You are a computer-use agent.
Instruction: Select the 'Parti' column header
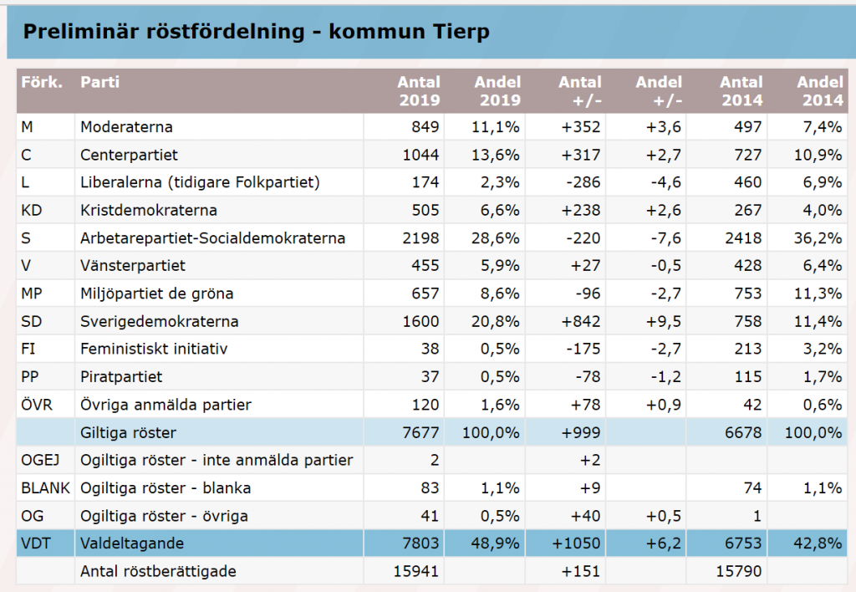coord(99,83)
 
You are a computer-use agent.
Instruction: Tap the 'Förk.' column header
coord(39,83)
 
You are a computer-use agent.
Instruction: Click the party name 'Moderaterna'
coord(126,127)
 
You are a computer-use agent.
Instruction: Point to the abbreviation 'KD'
coord(31,210)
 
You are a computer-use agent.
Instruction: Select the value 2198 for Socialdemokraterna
coord(420,238)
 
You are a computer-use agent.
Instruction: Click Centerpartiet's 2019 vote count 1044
coord(420,155)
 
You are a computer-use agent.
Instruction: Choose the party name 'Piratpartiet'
coord(121,376)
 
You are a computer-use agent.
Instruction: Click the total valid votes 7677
coord(420,432)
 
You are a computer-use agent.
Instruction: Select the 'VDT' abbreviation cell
coord(35,544)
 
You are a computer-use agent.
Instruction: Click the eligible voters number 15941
coord(415,571)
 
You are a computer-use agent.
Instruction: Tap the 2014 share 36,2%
coord(819,238)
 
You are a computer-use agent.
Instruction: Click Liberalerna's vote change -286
coord(583,182)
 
